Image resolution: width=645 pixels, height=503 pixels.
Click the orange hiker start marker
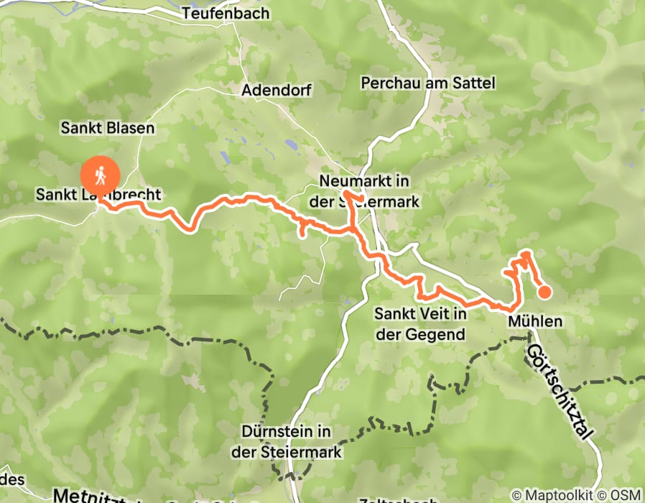[x=101, y=173]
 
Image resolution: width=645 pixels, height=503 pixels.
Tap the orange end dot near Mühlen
[x=544, y=291]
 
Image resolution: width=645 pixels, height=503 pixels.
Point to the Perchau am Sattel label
[x=429, y=83]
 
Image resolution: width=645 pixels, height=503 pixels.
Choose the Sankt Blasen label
[x=108, y=128]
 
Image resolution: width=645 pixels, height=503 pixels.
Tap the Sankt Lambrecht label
[x=98, y=194]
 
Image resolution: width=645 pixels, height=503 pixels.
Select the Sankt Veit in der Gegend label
[x=420, y=323]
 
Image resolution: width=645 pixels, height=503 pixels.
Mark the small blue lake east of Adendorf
[x=291, y=144]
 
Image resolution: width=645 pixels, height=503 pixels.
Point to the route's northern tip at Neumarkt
[x=346, y=193]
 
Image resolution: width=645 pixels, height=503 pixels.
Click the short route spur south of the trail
[x=303, y=231]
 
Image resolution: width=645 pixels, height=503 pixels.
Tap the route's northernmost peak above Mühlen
[x=527, y=253]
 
